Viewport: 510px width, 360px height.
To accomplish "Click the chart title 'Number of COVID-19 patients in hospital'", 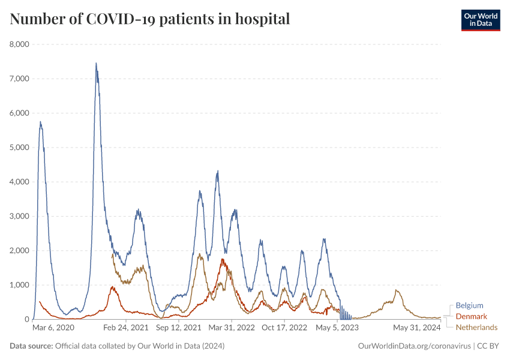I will click(x=150, y=19).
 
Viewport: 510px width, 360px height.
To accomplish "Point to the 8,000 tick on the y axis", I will click(x=20, y=44).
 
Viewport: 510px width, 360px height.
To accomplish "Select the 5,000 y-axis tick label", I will click(x=20, y=148).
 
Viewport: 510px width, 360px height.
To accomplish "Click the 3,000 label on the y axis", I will click(x=20, y=216).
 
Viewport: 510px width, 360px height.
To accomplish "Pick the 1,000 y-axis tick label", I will click(x=20, y=285).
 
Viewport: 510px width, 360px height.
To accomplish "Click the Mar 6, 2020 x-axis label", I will click(x=53, y=328).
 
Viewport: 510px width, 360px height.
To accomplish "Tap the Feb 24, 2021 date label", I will click(x=126, y=328).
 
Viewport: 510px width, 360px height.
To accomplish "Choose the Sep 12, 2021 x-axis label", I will click(x=179, y=328).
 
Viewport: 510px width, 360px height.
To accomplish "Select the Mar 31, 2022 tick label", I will click(x=232, y=328).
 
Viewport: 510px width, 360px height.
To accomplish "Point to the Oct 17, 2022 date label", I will click(x=284, y=328).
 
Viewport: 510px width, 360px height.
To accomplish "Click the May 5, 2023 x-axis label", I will click(x=337, y=328).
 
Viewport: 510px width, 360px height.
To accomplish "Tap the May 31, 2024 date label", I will click(x=417, y=328).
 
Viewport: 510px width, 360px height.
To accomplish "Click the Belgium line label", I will click(x=469, y=305).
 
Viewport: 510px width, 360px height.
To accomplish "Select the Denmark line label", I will click(x=472, y=316).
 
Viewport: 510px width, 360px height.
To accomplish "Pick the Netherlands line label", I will click(x=476, y=327).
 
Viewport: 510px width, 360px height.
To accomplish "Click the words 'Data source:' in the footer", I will click(x=31, y=346).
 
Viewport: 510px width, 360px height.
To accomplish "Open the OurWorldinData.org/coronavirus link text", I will click(x=413, y=346).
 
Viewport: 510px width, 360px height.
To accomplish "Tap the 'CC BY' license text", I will click(x=488, y=346).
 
